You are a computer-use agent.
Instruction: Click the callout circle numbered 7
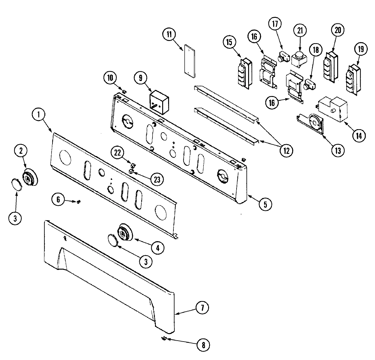tap(202, 308)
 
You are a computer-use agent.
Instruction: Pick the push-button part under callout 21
tap(299, 59)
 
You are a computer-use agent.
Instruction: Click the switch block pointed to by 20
tap(330, 67)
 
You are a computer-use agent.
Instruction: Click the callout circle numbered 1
tap(39, 115)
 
